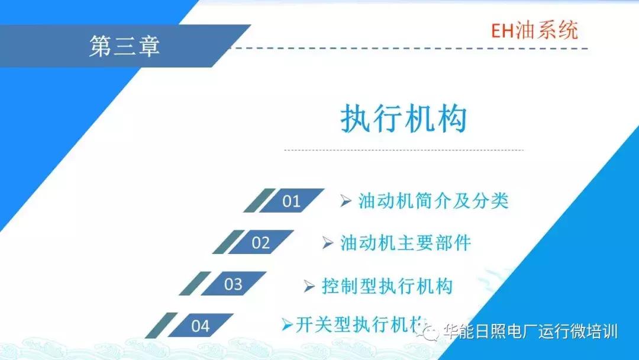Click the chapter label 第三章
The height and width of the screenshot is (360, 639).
124,46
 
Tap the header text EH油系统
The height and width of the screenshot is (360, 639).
534,30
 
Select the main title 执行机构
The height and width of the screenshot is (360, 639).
404,119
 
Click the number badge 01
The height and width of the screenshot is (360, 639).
292,201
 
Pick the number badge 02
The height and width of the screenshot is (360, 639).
261,242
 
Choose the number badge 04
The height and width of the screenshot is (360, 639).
201,325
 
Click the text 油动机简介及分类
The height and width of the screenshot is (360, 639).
433,201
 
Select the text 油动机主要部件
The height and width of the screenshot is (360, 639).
405,243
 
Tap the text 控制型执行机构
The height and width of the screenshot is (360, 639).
387,285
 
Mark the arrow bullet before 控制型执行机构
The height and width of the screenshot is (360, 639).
309,285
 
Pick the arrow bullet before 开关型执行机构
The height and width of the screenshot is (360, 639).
287,324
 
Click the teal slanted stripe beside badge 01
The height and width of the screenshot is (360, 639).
259,201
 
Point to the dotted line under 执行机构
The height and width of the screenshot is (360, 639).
404,150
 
